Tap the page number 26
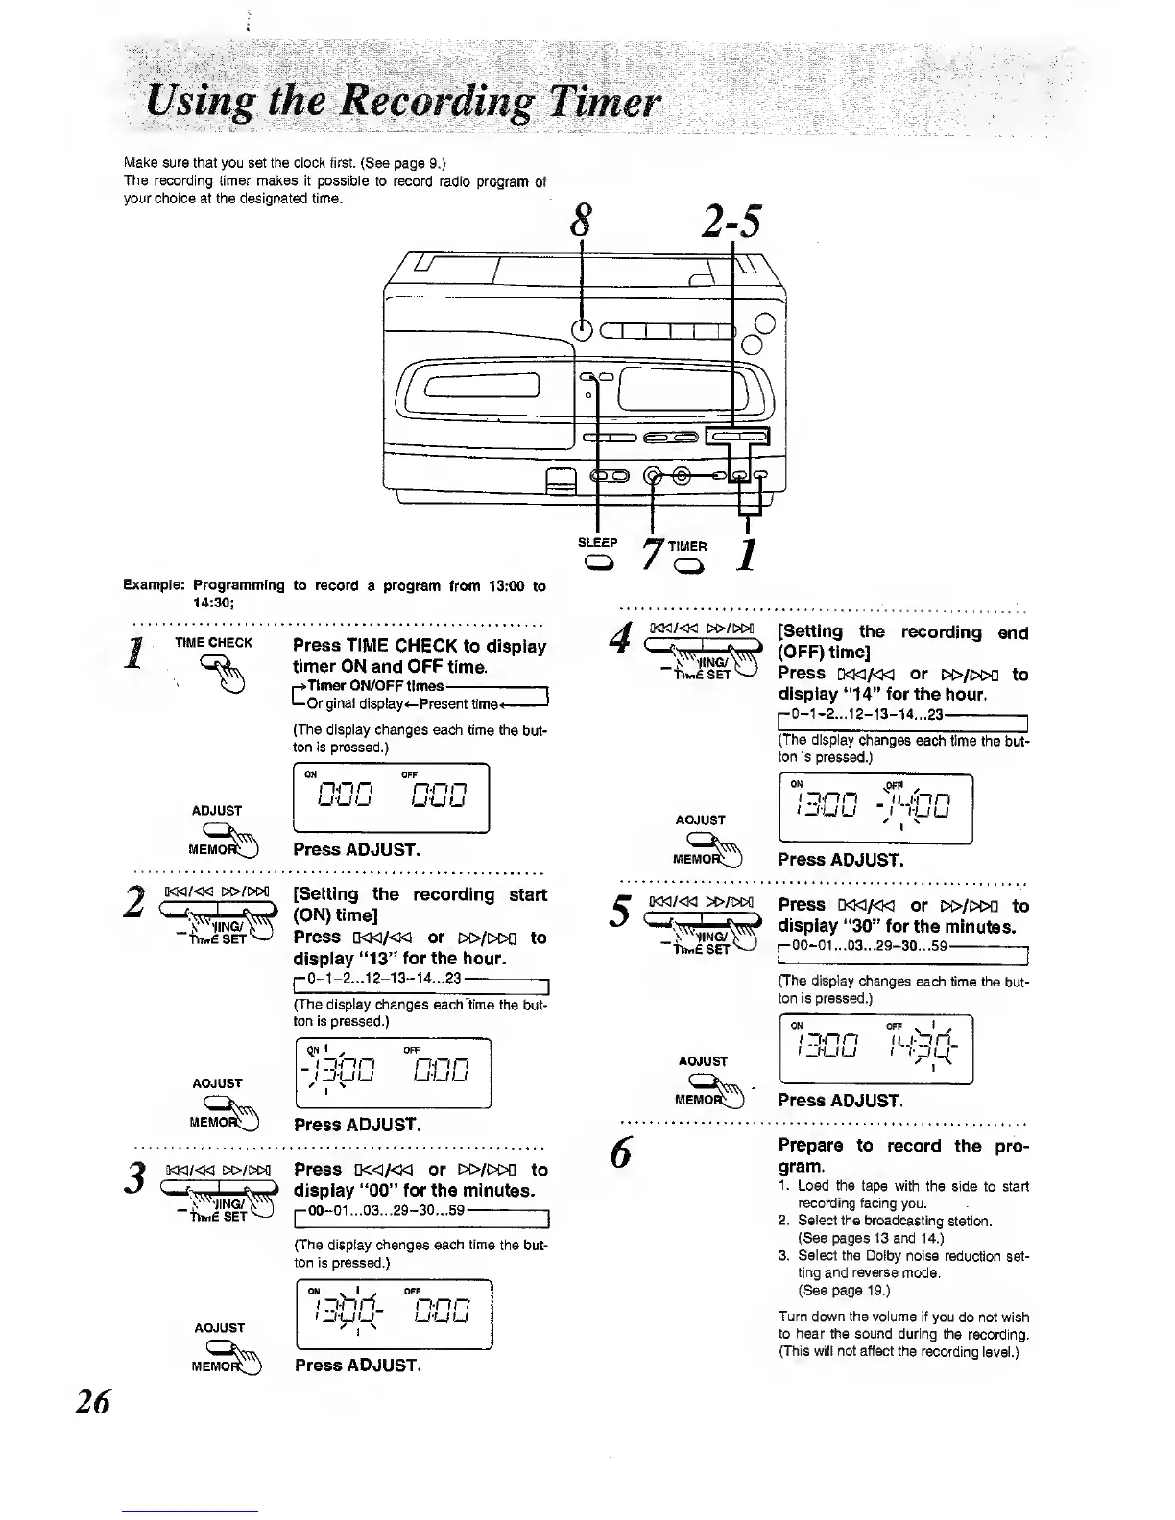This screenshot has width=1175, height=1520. pyautogui.click(x=93, y=1401)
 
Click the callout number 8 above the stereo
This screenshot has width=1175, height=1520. pyautogui.click(x=580, y=221)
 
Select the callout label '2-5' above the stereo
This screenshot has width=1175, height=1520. pyautogui.click(x=731, y=221)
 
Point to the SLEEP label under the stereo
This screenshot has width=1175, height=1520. pyautogui.click(x=597, y=542)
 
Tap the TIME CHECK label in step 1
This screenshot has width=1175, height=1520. pyautogui.click(x=213, y=643)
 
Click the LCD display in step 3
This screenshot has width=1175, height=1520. pyautogui.click(x=395, y=1314)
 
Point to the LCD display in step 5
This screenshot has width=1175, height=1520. pyautogui.click(x=876, y=1049)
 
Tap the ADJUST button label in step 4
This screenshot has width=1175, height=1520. pyautogui.click(x=701, y=819)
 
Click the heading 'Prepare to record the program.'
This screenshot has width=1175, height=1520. pyautogui.click(x=902, y=1155)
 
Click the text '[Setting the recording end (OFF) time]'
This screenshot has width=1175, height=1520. pyautogui.click(x=902, y=642)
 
